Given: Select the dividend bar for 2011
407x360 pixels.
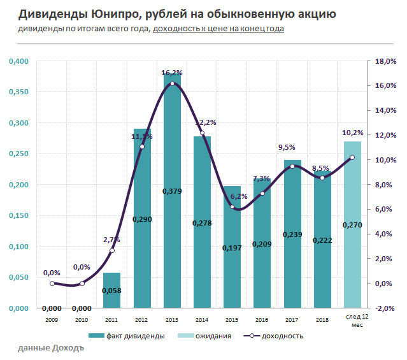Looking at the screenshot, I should tap(112, 290).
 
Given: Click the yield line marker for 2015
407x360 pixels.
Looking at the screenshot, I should tap(232, 207).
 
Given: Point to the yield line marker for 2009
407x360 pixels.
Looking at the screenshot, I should tap(52, 284).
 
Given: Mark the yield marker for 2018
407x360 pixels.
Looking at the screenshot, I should tap(322, 178).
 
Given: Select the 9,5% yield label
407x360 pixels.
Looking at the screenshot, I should tap(287, 148).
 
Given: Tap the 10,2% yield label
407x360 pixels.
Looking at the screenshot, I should tap(353, 133).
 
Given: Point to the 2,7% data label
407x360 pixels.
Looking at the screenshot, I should tap(112, 240).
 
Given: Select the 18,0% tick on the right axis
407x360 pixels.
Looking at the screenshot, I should tap(386, 61).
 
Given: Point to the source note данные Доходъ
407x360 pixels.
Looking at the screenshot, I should tap(51, 349).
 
